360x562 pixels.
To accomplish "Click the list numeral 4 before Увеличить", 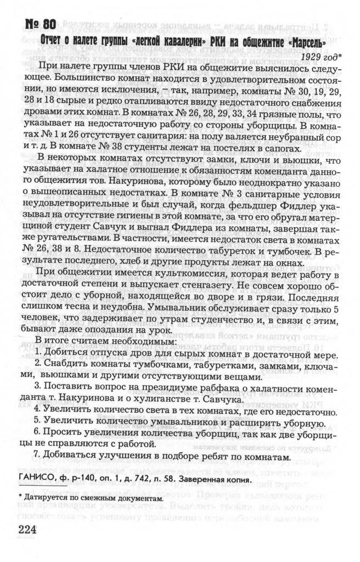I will [x=37, y=411].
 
